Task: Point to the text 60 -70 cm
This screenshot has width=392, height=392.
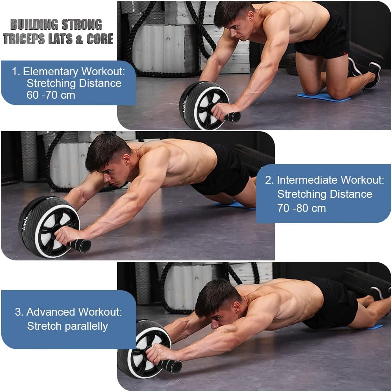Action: [x=51, y=95]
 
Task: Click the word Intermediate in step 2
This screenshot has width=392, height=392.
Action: [x=307, y=180]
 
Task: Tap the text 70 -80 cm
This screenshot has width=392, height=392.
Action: [x=301, y=208]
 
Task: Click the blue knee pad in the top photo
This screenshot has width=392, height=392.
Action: [x=323, y=97]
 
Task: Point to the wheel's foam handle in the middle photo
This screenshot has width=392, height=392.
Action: [x=80, y=246]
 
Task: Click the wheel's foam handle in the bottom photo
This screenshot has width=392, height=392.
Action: [x=171, y=366]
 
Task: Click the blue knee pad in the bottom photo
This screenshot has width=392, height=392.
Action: [x=374, y=327]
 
